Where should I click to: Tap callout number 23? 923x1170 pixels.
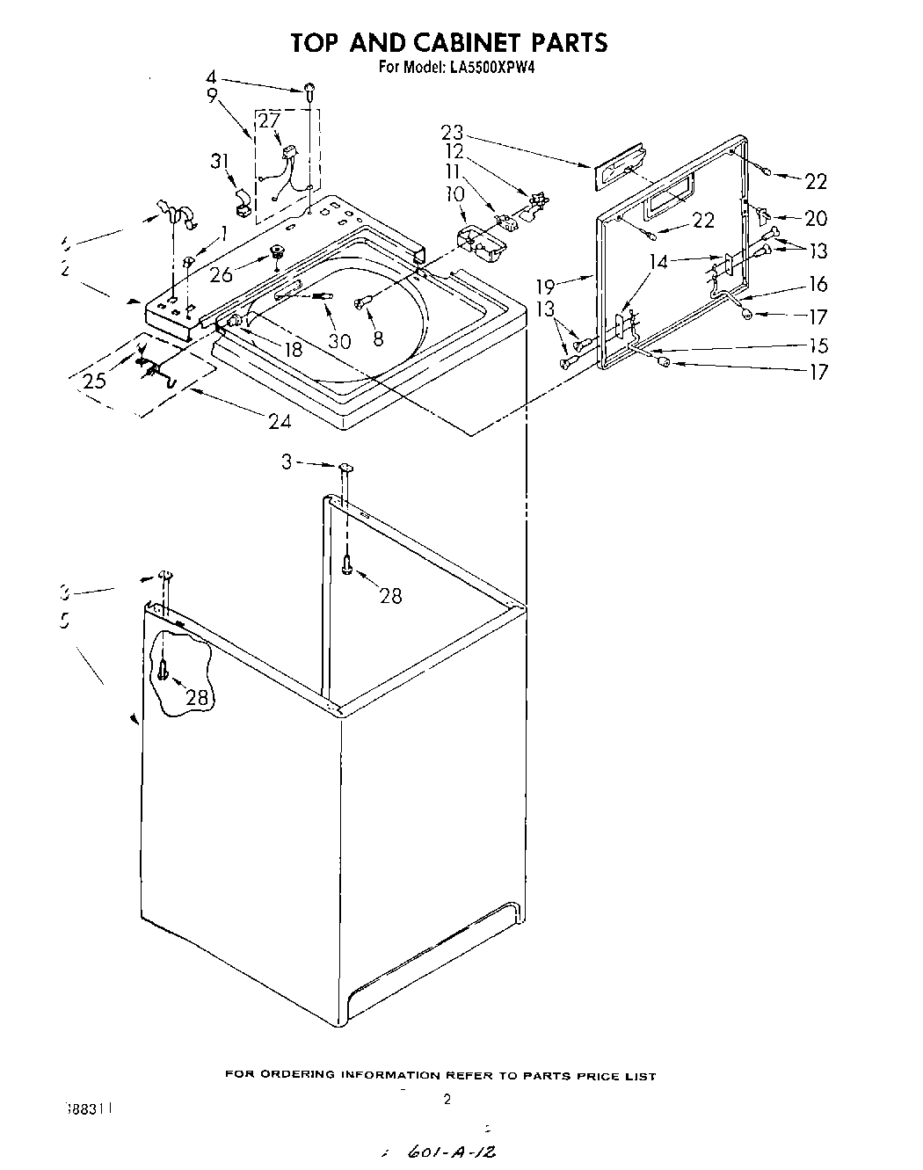click(x=452, y=132)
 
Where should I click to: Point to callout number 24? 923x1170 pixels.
click(x=280, y=421)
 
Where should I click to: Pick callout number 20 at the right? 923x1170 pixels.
click(x=816, y=218)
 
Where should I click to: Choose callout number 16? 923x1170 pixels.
click(x=818, y=284)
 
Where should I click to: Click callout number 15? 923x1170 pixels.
click(x=818, y=345)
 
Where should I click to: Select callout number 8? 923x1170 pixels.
click(x=378, y=338)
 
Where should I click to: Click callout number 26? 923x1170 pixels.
click(x=222, y=274)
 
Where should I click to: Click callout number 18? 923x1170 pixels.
click(x=293, y=349)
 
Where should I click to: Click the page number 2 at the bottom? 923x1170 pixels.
click(x=447, y=1099)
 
